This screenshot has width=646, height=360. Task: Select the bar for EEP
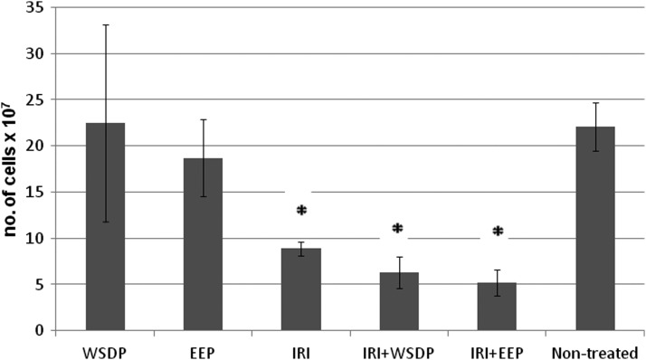pos(204,244)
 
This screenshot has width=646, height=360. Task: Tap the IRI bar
pos(301,289)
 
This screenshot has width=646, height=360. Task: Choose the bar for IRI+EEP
pos(497,306)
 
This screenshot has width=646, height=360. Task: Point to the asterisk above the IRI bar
pos(302,212)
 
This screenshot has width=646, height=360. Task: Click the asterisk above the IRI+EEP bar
pos(497,232)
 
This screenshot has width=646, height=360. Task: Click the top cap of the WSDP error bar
pos(105,24)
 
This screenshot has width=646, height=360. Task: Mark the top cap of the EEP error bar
pos(204,119)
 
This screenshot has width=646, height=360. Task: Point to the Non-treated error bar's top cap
pos(594,103)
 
